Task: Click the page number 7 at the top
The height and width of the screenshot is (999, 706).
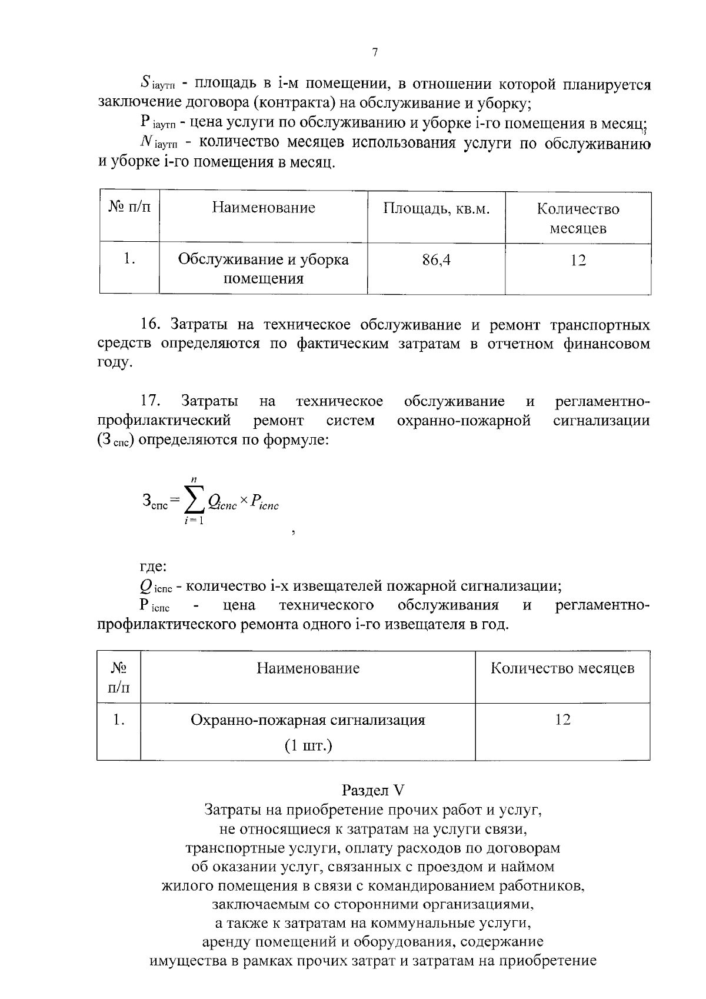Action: click(375, 52)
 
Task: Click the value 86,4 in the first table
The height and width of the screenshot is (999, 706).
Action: click(437, 260)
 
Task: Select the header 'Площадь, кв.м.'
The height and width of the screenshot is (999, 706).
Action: click(437, 208)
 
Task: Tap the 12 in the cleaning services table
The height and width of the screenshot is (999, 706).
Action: click(578, 260)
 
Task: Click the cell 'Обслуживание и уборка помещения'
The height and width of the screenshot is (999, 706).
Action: click(263, 268)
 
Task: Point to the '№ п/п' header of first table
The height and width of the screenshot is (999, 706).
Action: click(129, 208)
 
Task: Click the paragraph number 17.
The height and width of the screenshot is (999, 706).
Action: click(150, 402)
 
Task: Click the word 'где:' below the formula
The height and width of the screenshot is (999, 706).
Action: click(153, 567)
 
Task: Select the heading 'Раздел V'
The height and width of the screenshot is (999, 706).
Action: click(374, 790)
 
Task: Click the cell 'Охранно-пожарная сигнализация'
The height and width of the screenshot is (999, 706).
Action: click(308, 720)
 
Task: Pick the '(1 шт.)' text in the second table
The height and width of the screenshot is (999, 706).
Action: click(308, 747)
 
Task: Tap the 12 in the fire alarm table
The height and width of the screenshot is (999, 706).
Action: click(562, 720)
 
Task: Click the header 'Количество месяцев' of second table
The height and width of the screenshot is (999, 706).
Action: click(562, 668)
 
